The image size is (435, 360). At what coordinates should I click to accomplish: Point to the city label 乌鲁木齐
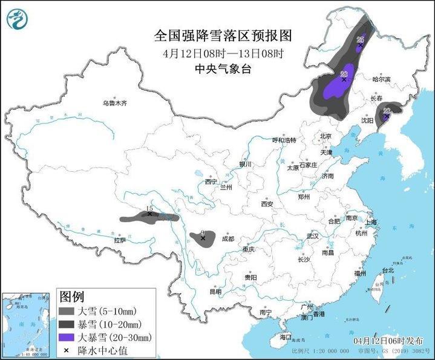click(x=114, y=103)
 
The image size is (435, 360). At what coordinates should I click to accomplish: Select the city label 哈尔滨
click(x=381, y=79)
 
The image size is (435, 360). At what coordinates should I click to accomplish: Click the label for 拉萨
click(x=120, y=240)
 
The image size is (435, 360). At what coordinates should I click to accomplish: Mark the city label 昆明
click(x=215, y=292)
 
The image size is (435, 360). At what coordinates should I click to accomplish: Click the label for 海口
click(x=285, y=336)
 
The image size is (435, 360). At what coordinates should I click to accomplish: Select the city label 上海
click(x=371, y=222)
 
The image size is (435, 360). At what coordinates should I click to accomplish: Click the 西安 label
click(x=267, y=205)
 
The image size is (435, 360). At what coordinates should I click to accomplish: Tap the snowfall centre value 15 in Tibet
click(x=149, y=208)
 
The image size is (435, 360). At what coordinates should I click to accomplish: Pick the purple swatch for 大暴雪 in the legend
click(x=67, y=337)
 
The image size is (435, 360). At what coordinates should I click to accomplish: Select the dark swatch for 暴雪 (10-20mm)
click(x=67, y=324)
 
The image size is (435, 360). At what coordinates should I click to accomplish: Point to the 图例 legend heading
click(x=71, y=297)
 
